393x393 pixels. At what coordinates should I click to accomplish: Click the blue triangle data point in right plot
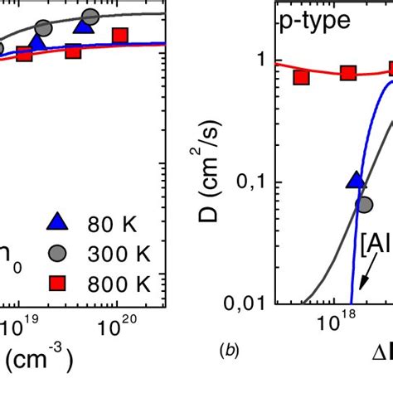click(356, 181)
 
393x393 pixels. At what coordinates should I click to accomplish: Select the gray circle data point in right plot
click(365, 203)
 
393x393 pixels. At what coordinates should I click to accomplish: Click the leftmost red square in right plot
click(301, 77)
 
